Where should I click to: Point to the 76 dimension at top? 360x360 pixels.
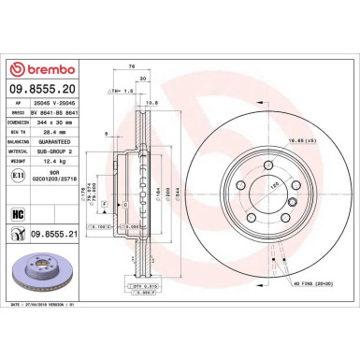click(x=132, y=65)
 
